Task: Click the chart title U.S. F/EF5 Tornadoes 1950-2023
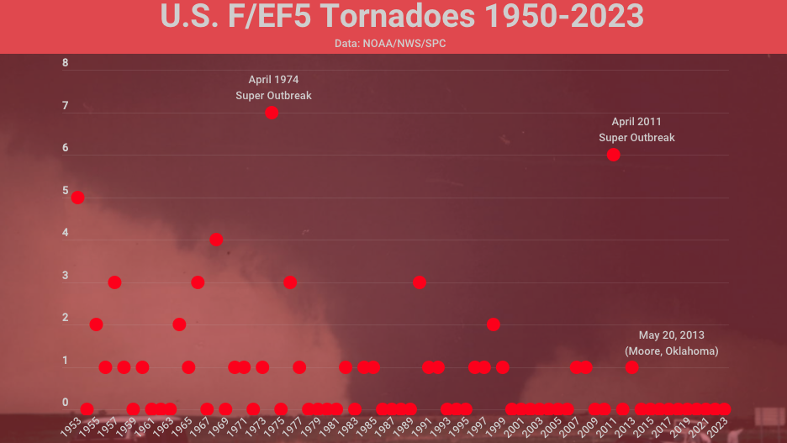(x=402, y=17)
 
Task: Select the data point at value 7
(x=272, y=113)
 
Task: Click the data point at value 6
(x=614, y=155)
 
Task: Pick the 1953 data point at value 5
(x=77, y=198)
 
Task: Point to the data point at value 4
(x=216, y=240)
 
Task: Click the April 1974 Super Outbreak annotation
(x=273, y=87)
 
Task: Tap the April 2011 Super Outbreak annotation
(x=636, y=129)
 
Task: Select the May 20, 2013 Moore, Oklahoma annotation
(x=672, y=343)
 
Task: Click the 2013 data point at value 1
(x=632, y=367)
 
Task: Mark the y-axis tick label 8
(x=66, y=63)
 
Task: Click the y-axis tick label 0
(x=66, y=403)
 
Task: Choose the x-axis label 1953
(x=71, y=426)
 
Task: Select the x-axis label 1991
(x=423, y=426)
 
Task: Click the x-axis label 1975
(x=275, y=426)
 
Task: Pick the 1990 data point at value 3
(x=420, y=282)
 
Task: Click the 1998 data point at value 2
(x=494, y=324)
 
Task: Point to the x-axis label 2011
(x=608, y=426)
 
